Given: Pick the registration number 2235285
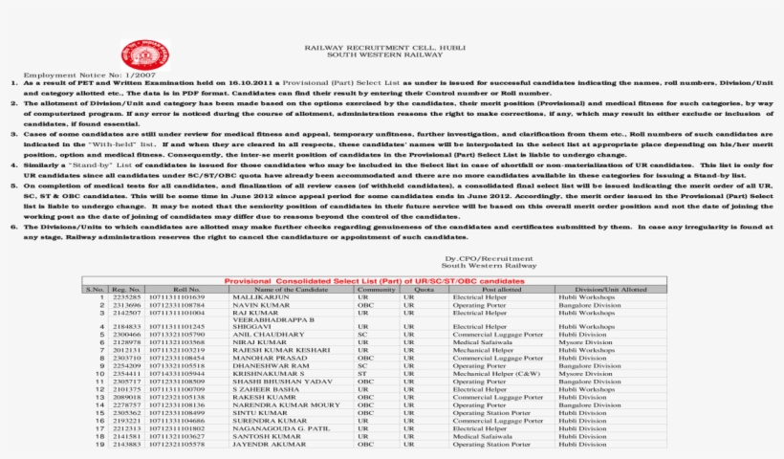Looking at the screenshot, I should coord(126,297).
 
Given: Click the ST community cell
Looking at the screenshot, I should coord(362,373).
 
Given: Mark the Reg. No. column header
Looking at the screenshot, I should coord(126,289).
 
